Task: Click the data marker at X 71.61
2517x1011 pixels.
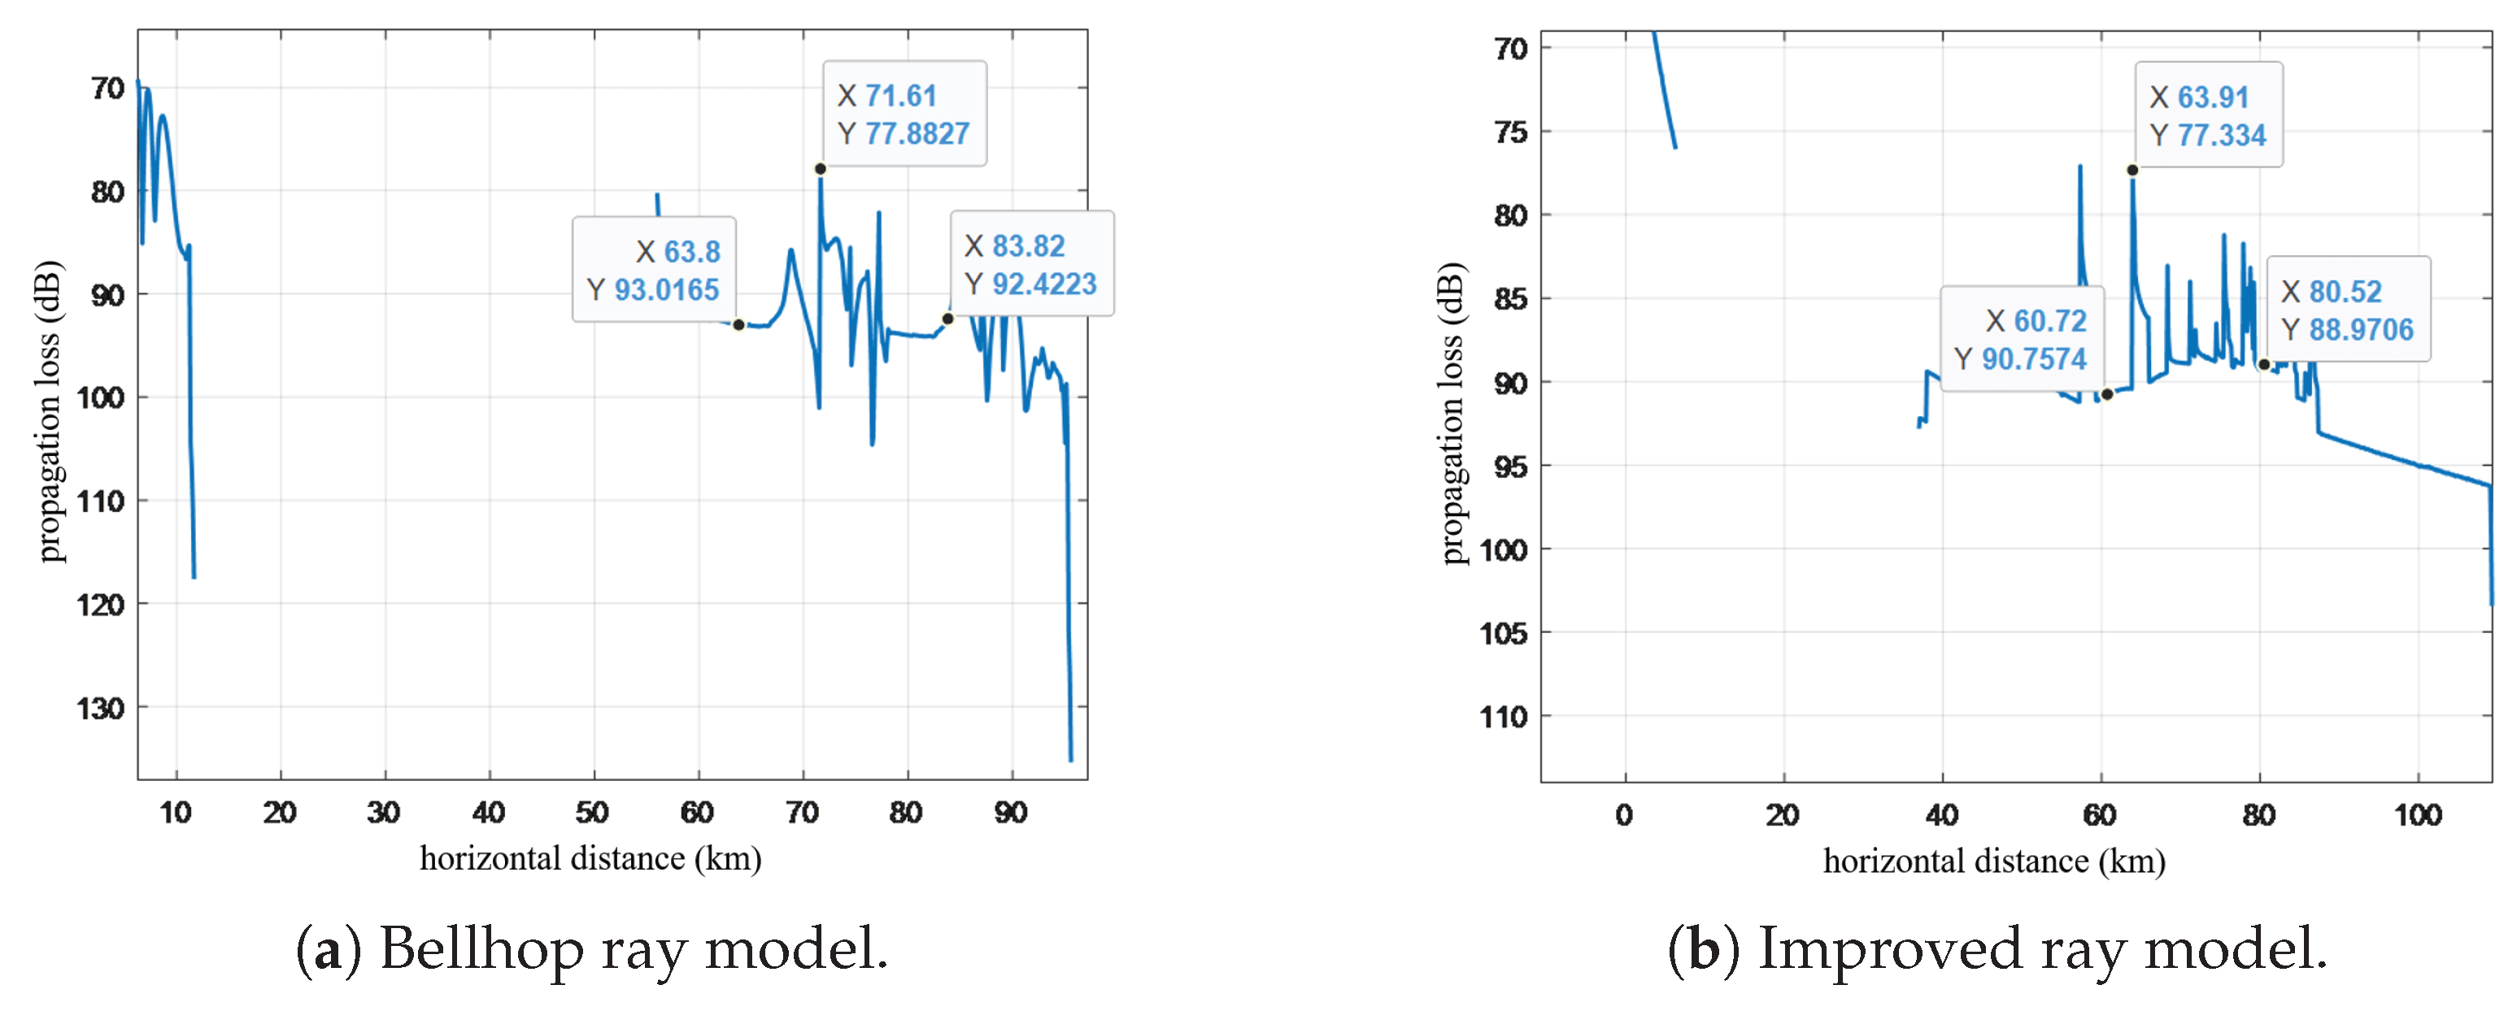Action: coord(820,169)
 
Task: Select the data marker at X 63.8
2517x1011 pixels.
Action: coord(738,324)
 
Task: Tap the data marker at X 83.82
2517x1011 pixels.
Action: coord(947,319)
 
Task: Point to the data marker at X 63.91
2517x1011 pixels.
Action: coord(2132,170)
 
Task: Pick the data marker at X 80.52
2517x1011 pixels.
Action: coord(2263,364)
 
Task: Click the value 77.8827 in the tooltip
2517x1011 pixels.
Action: coord(917,134)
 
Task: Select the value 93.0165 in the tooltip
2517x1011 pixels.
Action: coord(666,290)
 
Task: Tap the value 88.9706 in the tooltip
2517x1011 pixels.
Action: coord(2361,330)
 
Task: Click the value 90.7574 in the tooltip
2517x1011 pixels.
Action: coord(2033,359)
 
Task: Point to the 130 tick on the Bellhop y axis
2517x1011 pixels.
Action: coord(101,708)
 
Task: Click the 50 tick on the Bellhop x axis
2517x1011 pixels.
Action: coord(592,813)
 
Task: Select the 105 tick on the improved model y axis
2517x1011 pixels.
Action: coord(1503,634)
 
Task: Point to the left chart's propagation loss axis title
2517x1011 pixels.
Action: coord(48,410)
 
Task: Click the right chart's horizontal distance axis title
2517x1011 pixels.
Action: coord(1993,861)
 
